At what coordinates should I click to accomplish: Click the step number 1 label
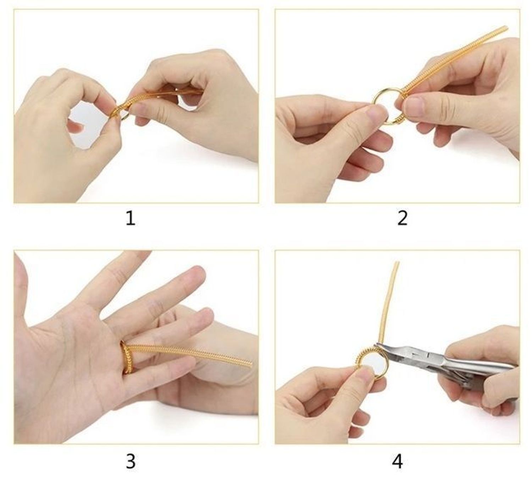[131, 218]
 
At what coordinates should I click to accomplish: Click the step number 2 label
[402, 218]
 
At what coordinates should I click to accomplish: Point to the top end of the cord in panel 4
[397, 264]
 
